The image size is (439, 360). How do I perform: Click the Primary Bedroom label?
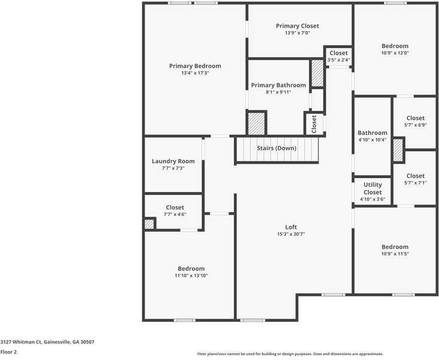[195, 66]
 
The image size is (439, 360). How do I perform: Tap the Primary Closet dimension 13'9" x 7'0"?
[297, 33]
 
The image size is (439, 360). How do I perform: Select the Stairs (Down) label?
[276, 148]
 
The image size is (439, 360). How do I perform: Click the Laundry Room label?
[173, 161]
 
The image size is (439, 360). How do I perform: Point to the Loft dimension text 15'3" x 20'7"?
[291, 234]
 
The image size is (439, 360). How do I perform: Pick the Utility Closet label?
[372, 188]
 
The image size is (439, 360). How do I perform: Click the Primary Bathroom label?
[278, 85]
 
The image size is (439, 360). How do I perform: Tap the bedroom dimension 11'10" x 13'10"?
[191, 275]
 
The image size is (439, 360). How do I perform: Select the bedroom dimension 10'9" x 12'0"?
[395, 53]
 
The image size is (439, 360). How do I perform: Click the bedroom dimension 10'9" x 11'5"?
[395, 254]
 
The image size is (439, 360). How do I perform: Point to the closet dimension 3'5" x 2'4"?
[338, 59]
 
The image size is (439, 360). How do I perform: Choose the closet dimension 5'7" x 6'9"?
[416, 125]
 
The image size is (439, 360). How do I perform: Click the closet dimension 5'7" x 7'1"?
[416, 183]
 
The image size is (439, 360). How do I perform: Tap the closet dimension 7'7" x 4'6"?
[175, 214]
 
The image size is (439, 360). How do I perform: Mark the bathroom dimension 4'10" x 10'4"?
[372, 140]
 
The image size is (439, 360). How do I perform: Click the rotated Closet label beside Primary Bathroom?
[314, 124]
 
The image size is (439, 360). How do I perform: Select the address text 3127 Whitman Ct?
[21, 342]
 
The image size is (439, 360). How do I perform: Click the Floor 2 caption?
[8, 352]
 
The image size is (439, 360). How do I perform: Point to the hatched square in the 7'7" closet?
[149, 224]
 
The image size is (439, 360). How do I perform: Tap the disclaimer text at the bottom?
[290, 354]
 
